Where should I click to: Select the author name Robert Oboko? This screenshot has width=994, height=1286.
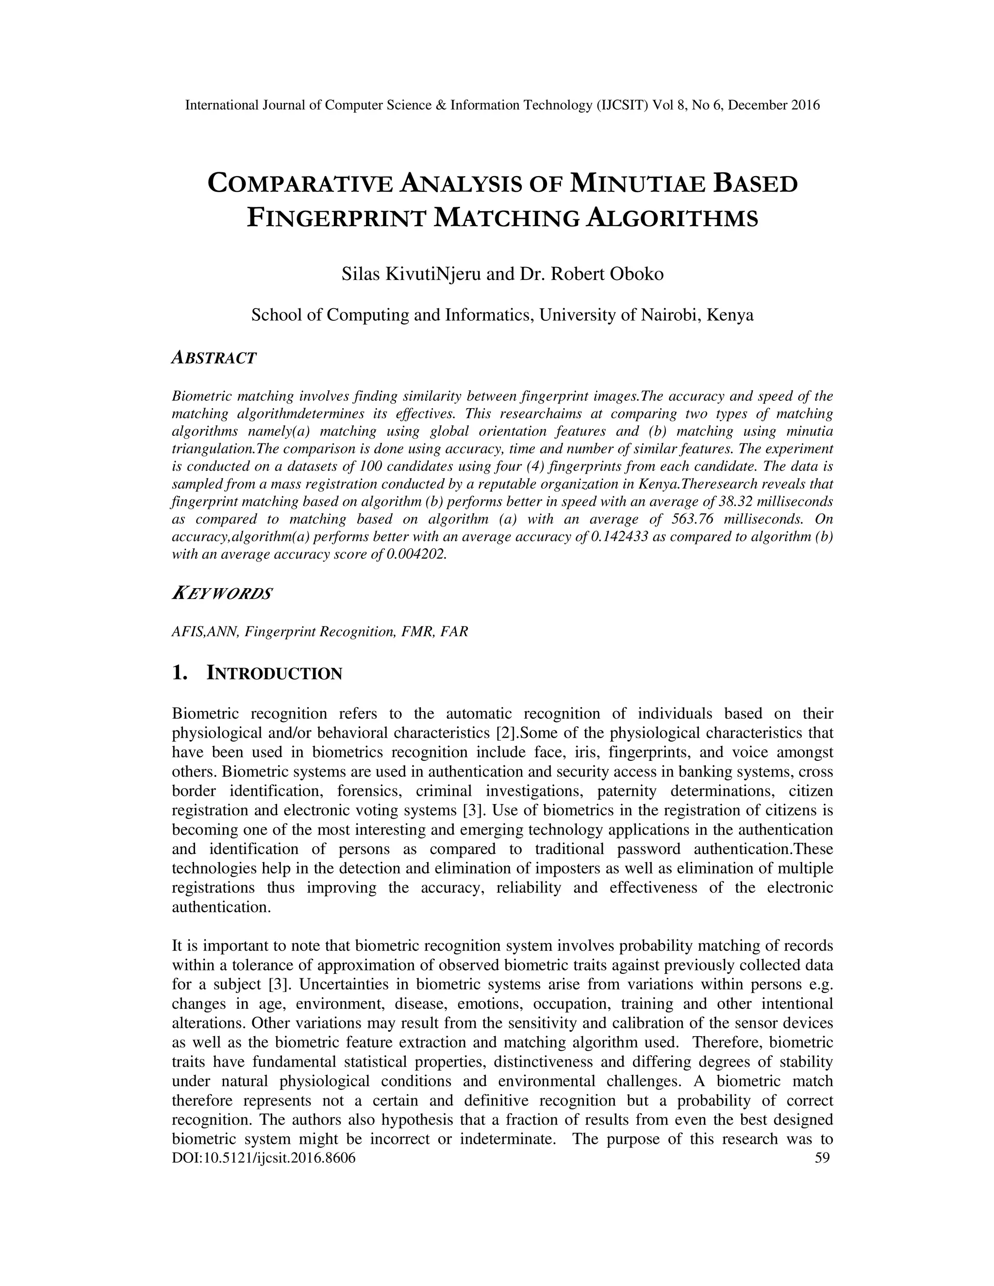click(x=607, y=274)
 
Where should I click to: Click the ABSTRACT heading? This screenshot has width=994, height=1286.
click(x=214, y=358)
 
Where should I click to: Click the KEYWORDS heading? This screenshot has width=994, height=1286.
click(x=222, y=594)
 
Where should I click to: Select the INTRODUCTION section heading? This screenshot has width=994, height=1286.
click(x=274, y=673)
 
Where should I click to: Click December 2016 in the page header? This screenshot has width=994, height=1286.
click(x=774, y=105)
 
